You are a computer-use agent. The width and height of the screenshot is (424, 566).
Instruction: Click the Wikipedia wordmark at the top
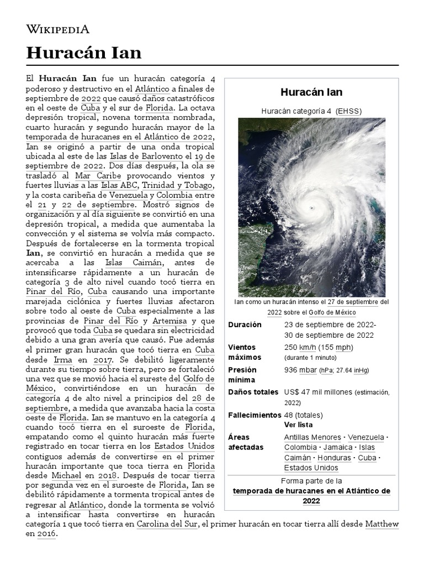57,29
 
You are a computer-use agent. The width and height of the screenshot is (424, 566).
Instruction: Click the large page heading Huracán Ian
83,53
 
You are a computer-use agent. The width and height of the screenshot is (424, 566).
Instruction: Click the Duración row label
245,324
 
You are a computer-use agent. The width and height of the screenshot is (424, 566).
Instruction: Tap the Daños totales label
253,392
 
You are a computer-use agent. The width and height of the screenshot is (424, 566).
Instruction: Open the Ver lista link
298,425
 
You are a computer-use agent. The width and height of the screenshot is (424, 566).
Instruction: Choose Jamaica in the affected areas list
338,447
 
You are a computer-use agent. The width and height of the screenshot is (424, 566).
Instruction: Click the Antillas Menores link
312,437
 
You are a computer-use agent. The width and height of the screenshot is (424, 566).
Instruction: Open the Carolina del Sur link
167,524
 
